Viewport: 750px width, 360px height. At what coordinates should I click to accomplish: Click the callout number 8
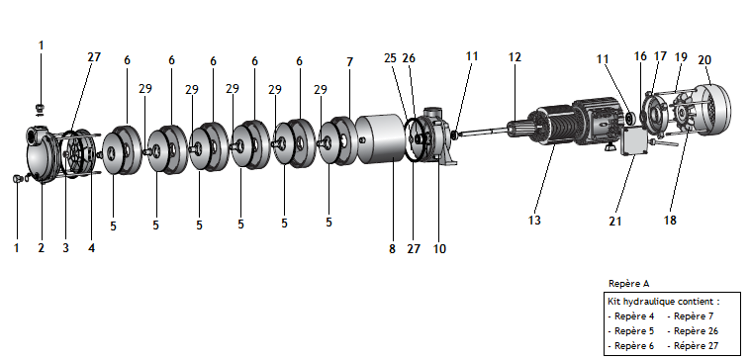[392, 249]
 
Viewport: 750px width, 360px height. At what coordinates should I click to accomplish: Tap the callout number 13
[534, 221]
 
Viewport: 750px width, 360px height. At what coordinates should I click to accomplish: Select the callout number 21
[615, 222]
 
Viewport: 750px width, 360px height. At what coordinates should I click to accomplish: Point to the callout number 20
[704, 60]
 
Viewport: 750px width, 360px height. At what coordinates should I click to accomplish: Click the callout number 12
[515, 57]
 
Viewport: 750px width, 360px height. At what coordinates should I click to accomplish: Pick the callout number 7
[349, 62]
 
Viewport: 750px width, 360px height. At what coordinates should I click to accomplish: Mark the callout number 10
[439, 249]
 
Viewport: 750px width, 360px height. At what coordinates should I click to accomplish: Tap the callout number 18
[671, 221]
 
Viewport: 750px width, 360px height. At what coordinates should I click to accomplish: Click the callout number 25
[390, 58]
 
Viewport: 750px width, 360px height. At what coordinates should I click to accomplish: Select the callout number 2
[42, 248]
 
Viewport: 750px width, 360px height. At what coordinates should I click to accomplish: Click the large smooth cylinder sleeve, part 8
[381, 139]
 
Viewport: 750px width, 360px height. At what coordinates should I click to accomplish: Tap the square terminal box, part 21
[634, 141]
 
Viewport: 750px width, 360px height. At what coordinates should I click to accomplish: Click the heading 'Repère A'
[629, 284]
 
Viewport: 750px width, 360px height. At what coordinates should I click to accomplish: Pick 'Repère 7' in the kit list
[694, 316]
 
